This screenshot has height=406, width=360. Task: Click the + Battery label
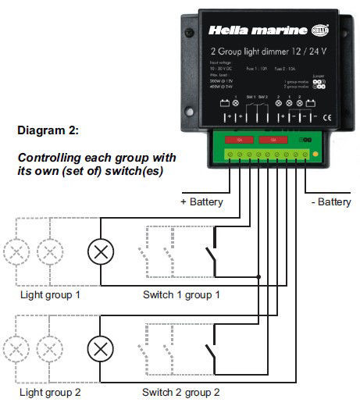click(201, 202)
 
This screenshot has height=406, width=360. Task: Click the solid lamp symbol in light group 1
click(101, 251)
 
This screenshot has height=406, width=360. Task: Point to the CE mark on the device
click(328, 119)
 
